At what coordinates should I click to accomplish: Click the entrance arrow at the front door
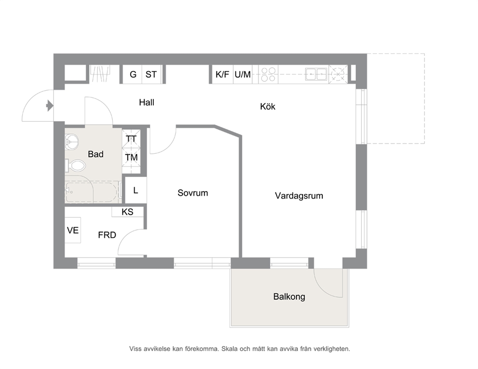50,106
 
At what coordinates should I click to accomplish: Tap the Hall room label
146,102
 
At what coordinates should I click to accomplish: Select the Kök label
267,106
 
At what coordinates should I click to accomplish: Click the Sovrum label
193,193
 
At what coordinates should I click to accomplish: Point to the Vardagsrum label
299,196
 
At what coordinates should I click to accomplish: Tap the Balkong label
289,296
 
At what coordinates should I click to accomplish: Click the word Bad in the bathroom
96,154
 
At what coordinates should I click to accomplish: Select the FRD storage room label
107,235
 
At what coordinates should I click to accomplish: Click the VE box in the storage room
73,230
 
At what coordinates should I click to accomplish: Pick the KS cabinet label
127,212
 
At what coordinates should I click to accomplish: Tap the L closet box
136,190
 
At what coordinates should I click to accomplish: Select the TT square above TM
132,139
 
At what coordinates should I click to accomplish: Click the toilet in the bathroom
76,166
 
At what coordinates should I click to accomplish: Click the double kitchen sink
317,74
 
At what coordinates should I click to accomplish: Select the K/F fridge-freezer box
223,74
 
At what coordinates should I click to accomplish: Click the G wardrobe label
133,74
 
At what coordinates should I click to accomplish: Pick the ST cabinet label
151,74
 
